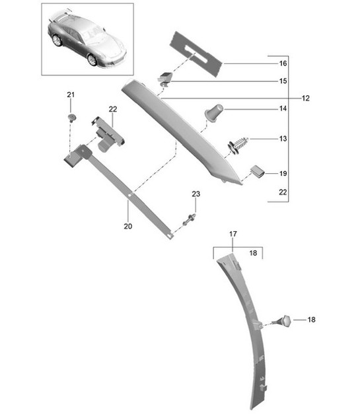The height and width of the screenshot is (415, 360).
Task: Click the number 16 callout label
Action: [x=282, y=64]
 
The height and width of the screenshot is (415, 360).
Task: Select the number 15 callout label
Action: [x=282, y=81]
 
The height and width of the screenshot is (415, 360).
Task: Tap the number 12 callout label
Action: [x=306, y=98]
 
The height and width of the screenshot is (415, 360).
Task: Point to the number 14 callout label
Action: [x=282, y=108]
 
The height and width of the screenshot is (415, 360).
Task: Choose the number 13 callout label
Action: [x=282, y=139]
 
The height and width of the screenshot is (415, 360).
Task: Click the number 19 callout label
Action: [x=282, y=173]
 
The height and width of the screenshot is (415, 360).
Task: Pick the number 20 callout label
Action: [x=127, y=226]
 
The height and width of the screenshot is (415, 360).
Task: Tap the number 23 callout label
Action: [x=195, y=194]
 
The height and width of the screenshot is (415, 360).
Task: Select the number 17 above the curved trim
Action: [x=233, y=234]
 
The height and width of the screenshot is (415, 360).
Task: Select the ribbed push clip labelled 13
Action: [x=240, y=143]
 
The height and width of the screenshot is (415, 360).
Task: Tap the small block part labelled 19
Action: [x=257, y=172]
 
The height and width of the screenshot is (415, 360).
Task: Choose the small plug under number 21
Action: [x=71, y=118]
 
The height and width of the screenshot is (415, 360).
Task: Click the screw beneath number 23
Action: [x=190, y=219]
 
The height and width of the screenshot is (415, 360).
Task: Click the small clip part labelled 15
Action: [x=164, y=78]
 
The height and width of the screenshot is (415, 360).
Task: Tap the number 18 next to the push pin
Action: [x=311, y=320]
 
